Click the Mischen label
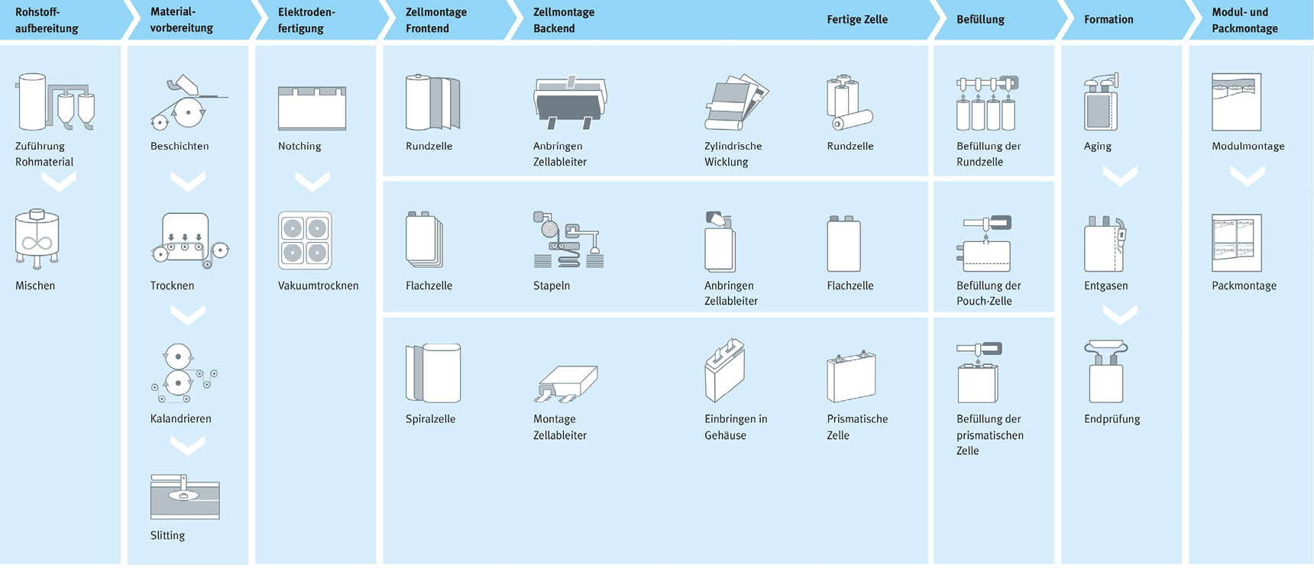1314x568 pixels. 35,286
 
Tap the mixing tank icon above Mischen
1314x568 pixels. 37,239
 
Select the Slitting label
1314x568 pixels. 167,535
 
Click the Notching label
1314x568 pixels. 299,146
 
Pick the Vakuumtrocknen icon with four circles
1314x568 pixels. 305,240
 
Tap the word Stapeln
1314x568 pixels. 552,286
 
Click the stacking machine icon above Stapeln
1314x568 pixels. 568,240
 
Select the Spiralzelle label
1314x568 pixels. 430,419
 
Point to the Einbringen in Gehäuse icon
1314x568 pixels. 724,370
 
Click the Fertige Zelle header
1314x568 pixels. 857,20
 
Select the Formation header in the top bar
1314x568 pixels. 1108,20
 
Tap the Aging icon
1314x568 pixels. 1101,102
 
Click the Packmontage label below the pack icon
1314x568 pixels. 1244,286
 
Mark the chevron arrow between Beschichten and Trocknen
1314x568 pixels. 187,182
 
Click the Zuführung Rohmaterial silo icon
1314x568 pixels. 54,102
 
